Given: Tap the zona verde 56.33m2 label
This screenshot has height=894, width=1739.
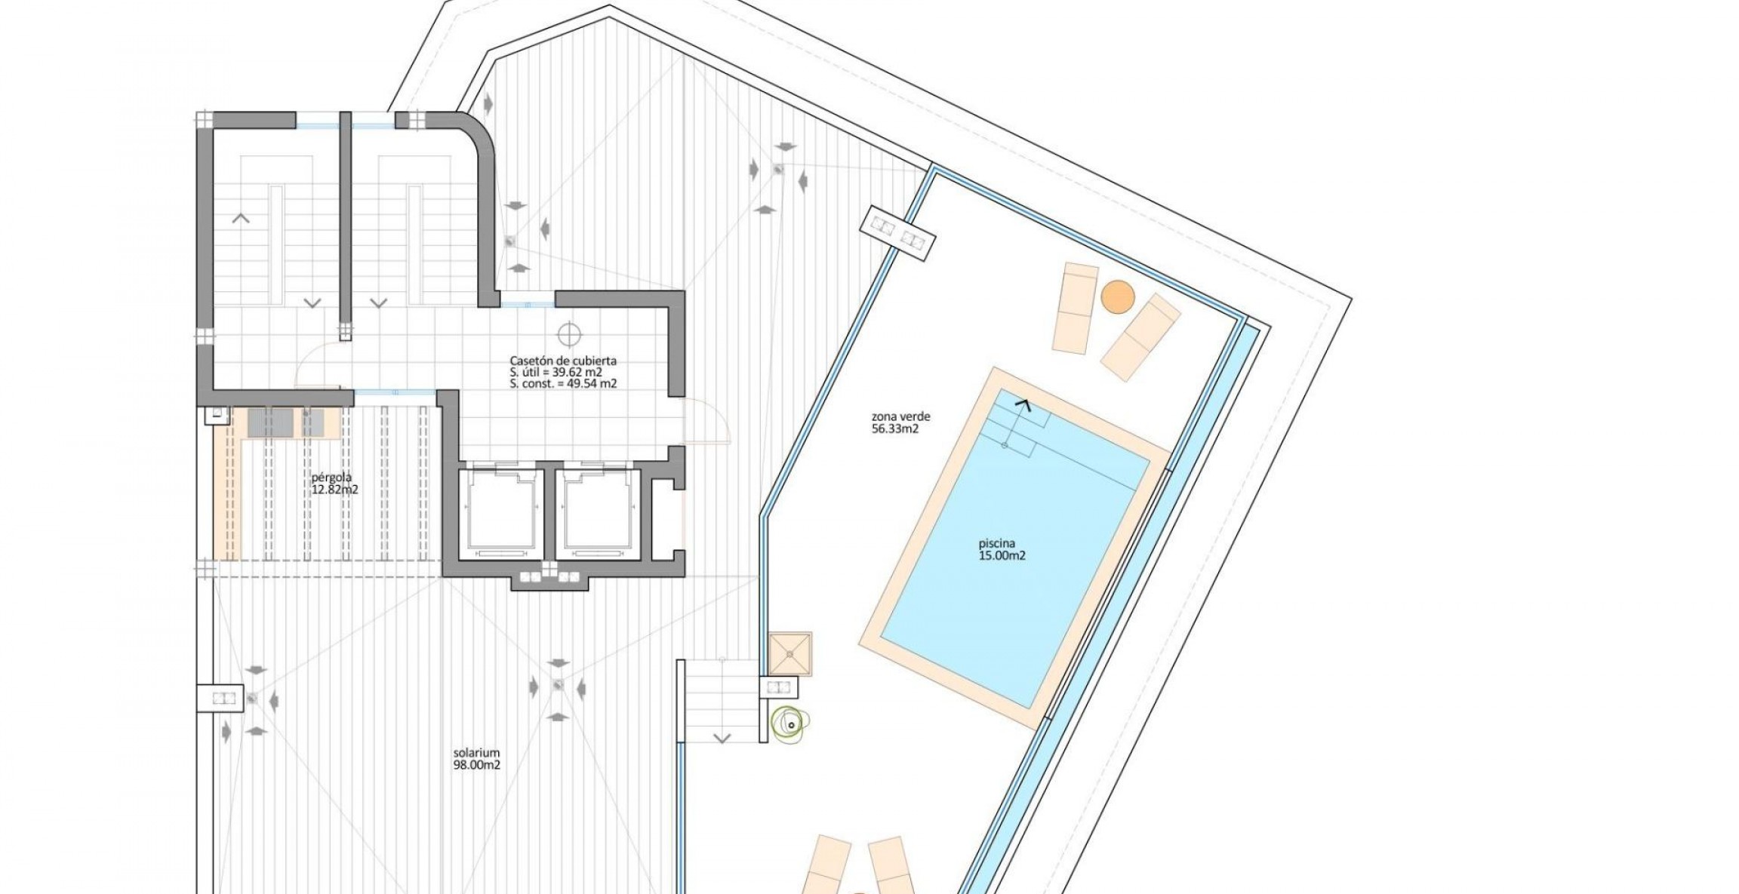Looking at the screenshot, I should [x=900, y=422].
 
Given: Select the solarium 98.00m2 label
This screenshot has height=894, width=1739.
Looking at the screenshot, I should [x=476, y=759].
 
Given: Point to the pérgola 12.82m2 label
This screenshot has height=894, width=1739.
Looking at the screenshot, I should [x=334, y=483].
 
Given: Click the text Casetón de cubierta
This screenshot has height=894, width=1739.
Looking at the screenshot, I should [x=563, y=361].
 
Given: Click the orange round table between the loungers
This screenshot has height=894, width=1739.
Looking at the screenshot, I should [x=1117, y=296].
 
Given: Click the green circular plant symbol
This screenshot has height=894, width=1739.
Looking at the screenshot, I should [x=789, y=724].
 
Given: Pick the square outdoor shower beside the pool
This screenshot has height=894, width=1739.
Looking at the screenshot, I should [x=790, y=653].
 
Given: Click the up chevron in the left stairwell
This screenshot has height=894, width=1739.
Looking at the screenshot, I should [x=241, y=219].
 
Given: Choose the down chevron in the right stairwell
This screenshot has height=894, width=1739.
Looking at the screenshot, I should [x=379, y=303].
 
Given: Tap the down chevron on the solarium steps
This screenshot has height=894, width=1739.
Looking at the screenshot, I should [x=722, y=738].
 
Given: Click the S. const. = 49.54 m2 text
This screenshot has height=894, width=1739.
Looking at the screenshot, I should [x=563, y=383].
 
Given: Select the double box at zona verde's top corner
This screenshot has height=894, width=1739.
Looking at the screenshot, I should [x=898, y=232].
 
